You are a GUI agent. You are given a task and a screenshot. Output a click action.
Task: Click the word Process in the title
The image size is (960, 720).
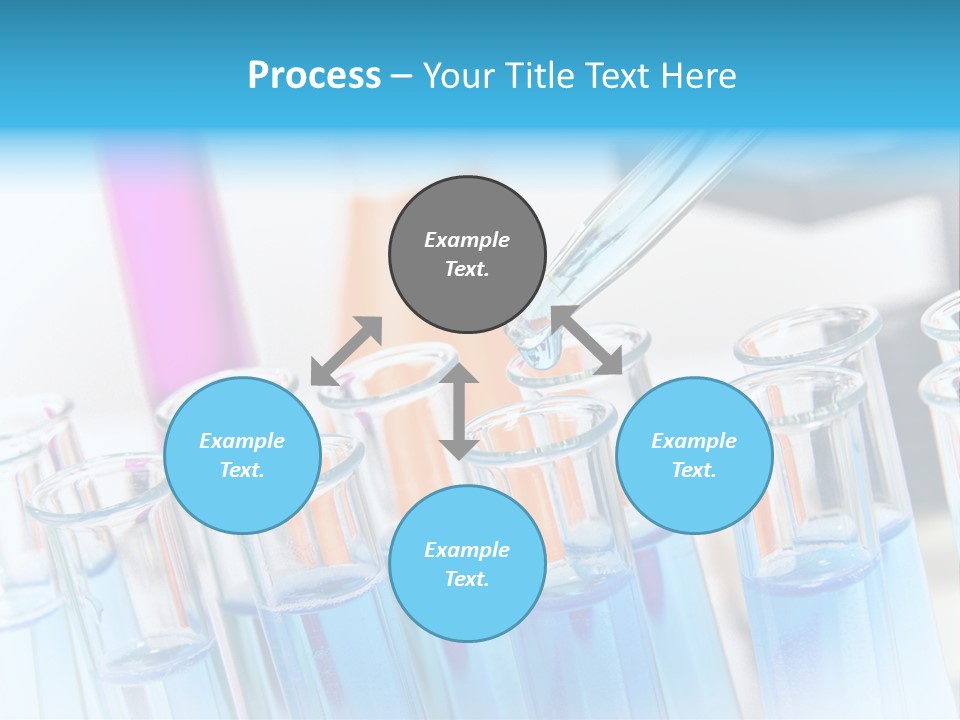[314, 76]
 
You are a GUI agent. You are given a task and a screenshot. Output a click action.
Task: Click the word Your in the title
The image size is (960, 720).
[458, 76]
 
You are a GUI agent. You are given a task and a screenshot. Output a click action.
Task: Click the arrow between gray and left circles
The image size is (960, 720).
[346, 351]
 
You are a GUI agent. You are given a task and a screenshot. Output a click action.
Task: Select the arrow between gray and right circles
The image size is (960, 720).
[586, 340]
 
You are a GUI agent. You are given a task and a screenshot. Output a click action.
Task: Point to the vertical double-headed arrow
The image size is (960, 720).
[458, 411]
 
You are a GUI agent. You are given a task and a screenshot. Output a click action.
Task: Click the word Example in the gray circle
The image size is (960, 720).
[467, 240]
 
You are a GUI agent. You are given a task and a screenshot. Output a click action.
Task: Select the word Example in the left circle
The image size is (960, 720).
[242, 441]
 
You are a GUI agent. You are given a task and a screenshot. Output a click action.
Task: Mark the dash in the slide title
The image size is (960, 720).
[401, 76]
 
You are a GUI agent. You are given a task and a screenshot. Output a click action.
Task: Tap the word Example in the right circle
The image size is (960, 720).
[694, 441]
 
